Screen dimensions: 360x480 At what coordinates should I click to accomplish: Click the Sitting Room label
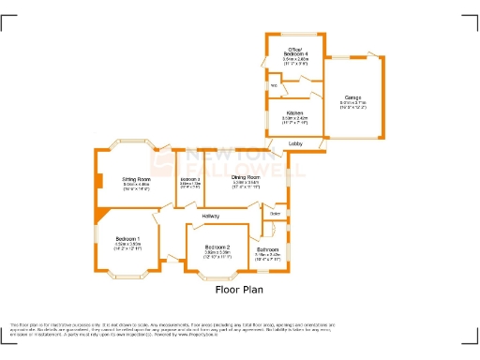coord(137,178)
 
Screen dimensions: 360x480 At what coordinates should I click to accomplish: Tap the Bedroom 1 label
coord(127,239)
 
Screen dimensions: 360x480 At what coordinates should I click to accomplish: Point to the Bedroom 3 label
coord(190,179)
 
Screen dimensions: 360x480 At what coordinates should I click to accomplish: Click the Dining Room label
coord(246,176)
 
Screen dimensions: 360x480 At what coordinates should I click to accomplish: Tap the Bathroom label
coord(268,248)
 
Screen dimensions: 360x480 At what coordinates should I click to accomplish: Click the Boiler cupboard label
coord(276,215)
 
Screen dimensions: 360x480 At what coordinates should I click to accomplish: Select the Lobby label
coord(294,142)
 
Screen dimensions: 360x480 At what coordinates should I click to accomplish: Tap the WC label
coord(275,85)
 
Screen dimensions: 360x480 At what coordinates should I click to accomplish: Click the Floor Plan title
coord(239,291)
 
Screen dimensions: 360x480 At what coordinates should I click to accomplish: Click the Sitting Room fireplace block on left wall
coord(97,183)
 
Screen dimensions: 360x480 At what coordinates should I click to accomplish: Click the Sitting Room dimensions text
coord(137,187)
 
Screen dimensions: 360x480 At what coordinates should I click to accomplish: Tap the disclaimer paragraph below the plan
coord(239,326)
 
